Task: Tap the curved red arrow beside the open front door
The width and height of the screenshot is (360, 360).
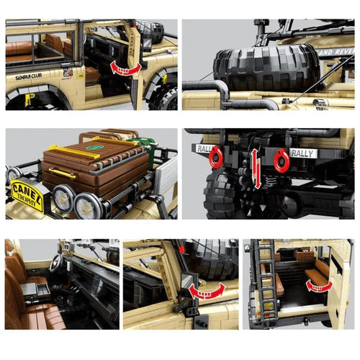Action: (x=127, y=67)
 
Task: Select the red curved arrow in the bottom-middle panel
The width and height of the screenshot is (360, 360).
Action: (x=206, y=291)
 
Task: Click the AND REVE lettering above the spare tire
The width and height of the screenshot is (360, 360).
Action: (x=336, y=52)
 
